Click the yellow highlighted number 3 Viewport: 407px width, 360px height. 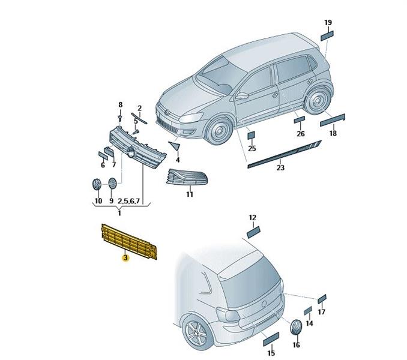pos(126,258)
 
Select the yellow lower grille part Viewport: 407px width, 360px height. pos(129,242)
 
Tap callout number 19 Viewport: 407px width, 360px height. pos(328,23)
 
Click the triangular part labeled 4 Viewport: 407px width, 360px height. pos(175,146)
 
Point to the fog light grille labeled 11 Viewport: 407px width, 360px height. pos(187,177)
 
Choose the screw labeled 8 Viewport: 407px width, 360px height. pos(120,119)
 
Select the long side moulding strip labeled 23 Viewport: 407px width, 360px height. pos(285,154)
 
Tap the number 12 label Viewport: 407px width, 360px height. pos(253,217)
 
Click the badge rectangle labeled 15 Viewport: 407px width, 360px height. pos(271,339)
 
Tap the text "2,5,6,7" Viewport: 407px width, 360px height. pos(129,201)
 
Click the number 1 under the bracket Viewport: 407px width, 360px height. pos(119,214)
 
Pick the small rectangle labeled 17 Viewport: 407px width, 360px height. pos(322,299)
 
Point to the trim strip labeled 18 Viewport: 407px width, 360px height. pos(333,120)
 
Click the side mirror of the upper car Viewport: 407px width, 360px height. pos(242,95)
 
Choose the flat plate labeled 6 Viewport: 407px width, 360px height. pos(103,155)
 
